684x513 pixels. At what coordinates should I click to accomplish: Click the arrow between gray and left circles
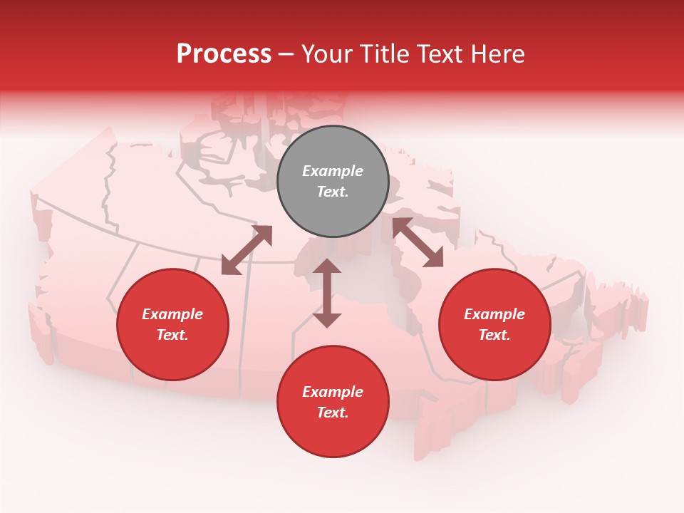[x=247, y=250]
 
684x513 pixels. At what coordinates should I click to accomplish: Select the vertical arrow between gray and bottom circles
[x=327, y=293]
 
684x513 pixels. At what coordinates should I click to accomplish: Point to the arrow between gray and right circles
[x=418, y=242]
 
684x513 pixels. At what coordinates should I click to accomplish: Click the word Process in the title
[x=224, y=53]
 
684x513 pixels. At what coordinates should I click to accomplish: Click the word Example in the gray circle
[x=333, y=171]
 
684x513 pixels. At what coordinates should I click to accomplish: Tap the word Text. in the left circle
[x=172, y=335]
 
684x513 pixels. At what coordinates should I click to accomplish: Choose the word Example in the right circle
[x=494, y=314]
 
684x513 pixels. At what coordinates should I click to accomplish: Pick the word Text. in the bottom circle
[x=333, y=413]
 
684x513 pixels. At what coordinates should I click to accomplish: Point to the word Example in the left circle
[x=172, y=314]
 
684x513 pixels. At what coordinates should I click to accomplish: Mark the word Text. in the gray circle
[x=333, y=192]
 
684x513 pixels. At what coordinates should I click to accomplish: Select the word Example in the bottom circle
[x=333, y=392]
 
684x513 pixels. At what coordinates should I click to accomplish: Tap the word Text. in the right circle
[x=494, y=335]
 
